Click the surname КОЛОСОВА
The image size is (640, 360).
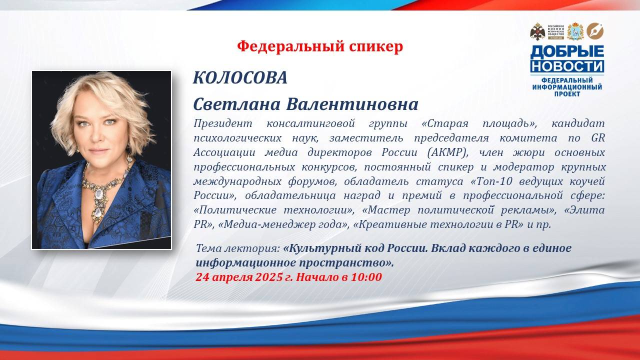click(x=240, y=77)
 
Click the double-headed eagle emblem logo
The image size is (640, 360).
click(x=537, y=31)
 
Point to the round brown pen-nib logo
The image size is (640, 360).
click(x=595, y=31)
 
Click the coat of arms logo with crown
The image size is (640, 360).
click(x=575, y=31)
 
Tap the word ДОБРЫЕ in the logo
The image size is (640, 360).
click(x=567, y=51)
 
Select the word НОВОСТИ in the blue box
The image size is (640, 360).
click(x=567, y=66)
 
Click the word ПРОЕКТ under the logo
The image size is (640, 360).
click(x=567, y=93)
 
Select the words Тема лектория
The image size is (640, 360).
click(x=237, y=248)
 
